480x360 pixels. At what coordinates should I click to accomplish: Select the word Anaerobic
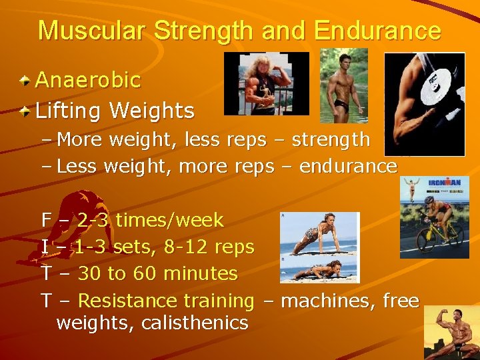87,80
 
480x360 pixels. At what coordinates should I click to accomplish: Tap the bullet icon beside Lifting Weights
25,110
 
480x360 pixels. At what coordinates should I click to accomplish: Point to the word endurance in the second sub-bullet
348,166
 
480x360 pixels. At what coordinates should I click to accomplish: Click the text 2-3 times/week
151,220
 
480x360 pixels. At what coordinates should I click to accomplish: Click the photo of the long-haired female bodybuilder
267,83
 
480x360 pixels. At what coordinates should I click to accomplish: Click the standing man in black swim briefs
343,85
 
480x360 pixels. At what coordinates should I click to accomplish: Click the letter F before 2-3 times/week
46,220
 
